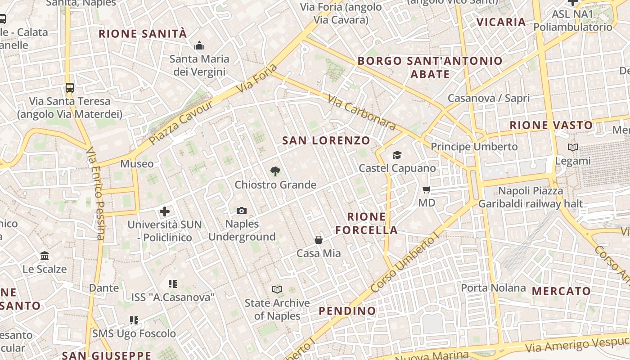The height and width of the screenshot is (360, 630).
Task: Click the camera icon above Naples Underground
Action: click(x=242, y=211)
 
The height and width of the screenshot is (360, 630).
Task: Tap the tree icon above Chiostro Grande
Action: click(x=275, y=171)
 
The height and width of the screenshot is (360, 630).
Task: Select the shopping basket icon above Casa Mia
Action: click(x=319, y=240)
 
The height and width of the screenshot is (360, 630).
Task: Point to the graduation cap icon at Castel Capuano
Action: click(x=397, y=155)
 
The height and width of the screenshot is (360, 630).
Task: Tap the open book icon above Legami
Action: click(x=572, y=147)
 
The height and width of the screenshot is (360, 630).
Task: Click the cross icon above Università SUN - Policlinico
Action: click(x=165, y=211)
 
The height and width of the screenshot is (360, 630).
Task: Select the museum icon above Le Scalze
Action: click(x=45, y=256)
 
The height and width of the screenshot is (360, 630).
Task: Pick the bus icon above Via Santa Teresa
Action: click(x=69, y=87)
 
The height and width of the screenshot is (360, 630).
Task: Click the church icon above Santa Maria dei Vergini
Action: click(x=199, y=45)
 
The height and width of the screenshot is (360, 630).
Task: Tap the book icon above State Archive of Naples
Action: click(x=277, y=289)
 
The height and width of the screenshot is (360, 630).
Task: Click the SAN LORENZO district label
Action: click(x=326, y=140)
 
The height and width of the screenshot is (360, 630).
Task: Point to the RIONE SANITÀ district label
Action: click(x=143, y=34)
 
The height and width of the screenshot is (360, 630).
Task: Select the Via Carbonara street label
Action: click(x=361, y=112)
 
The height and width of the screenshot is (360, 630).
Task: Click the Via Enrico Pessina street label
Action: click(x=95, y=193)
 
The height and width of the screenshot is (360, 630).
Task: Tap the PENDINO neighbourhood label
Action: click(x=347, y=311)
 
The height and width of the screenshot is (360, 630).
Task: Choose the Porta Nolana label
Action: click(x=493, y=288)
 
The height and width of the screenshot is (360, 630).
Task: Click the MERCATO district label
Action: click(x=561, y=291)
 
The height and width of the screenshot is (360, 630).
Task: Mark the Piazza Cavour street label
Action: click(x=180, y=123)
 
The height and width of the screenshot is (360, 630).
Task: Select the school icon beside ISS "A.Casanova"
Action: click(x=173, y=284)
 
